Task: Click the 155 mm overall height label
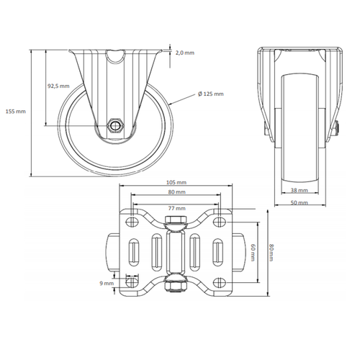coord(15,112)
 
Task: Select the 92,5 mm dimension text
coord(58,86)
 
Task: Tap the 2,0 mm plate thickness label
coord(184,53)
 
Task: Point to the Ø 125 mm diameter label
coord(210,94)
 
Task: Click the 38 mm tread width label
coord(299,191)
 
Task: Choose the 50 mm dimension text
coord(299,203)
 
